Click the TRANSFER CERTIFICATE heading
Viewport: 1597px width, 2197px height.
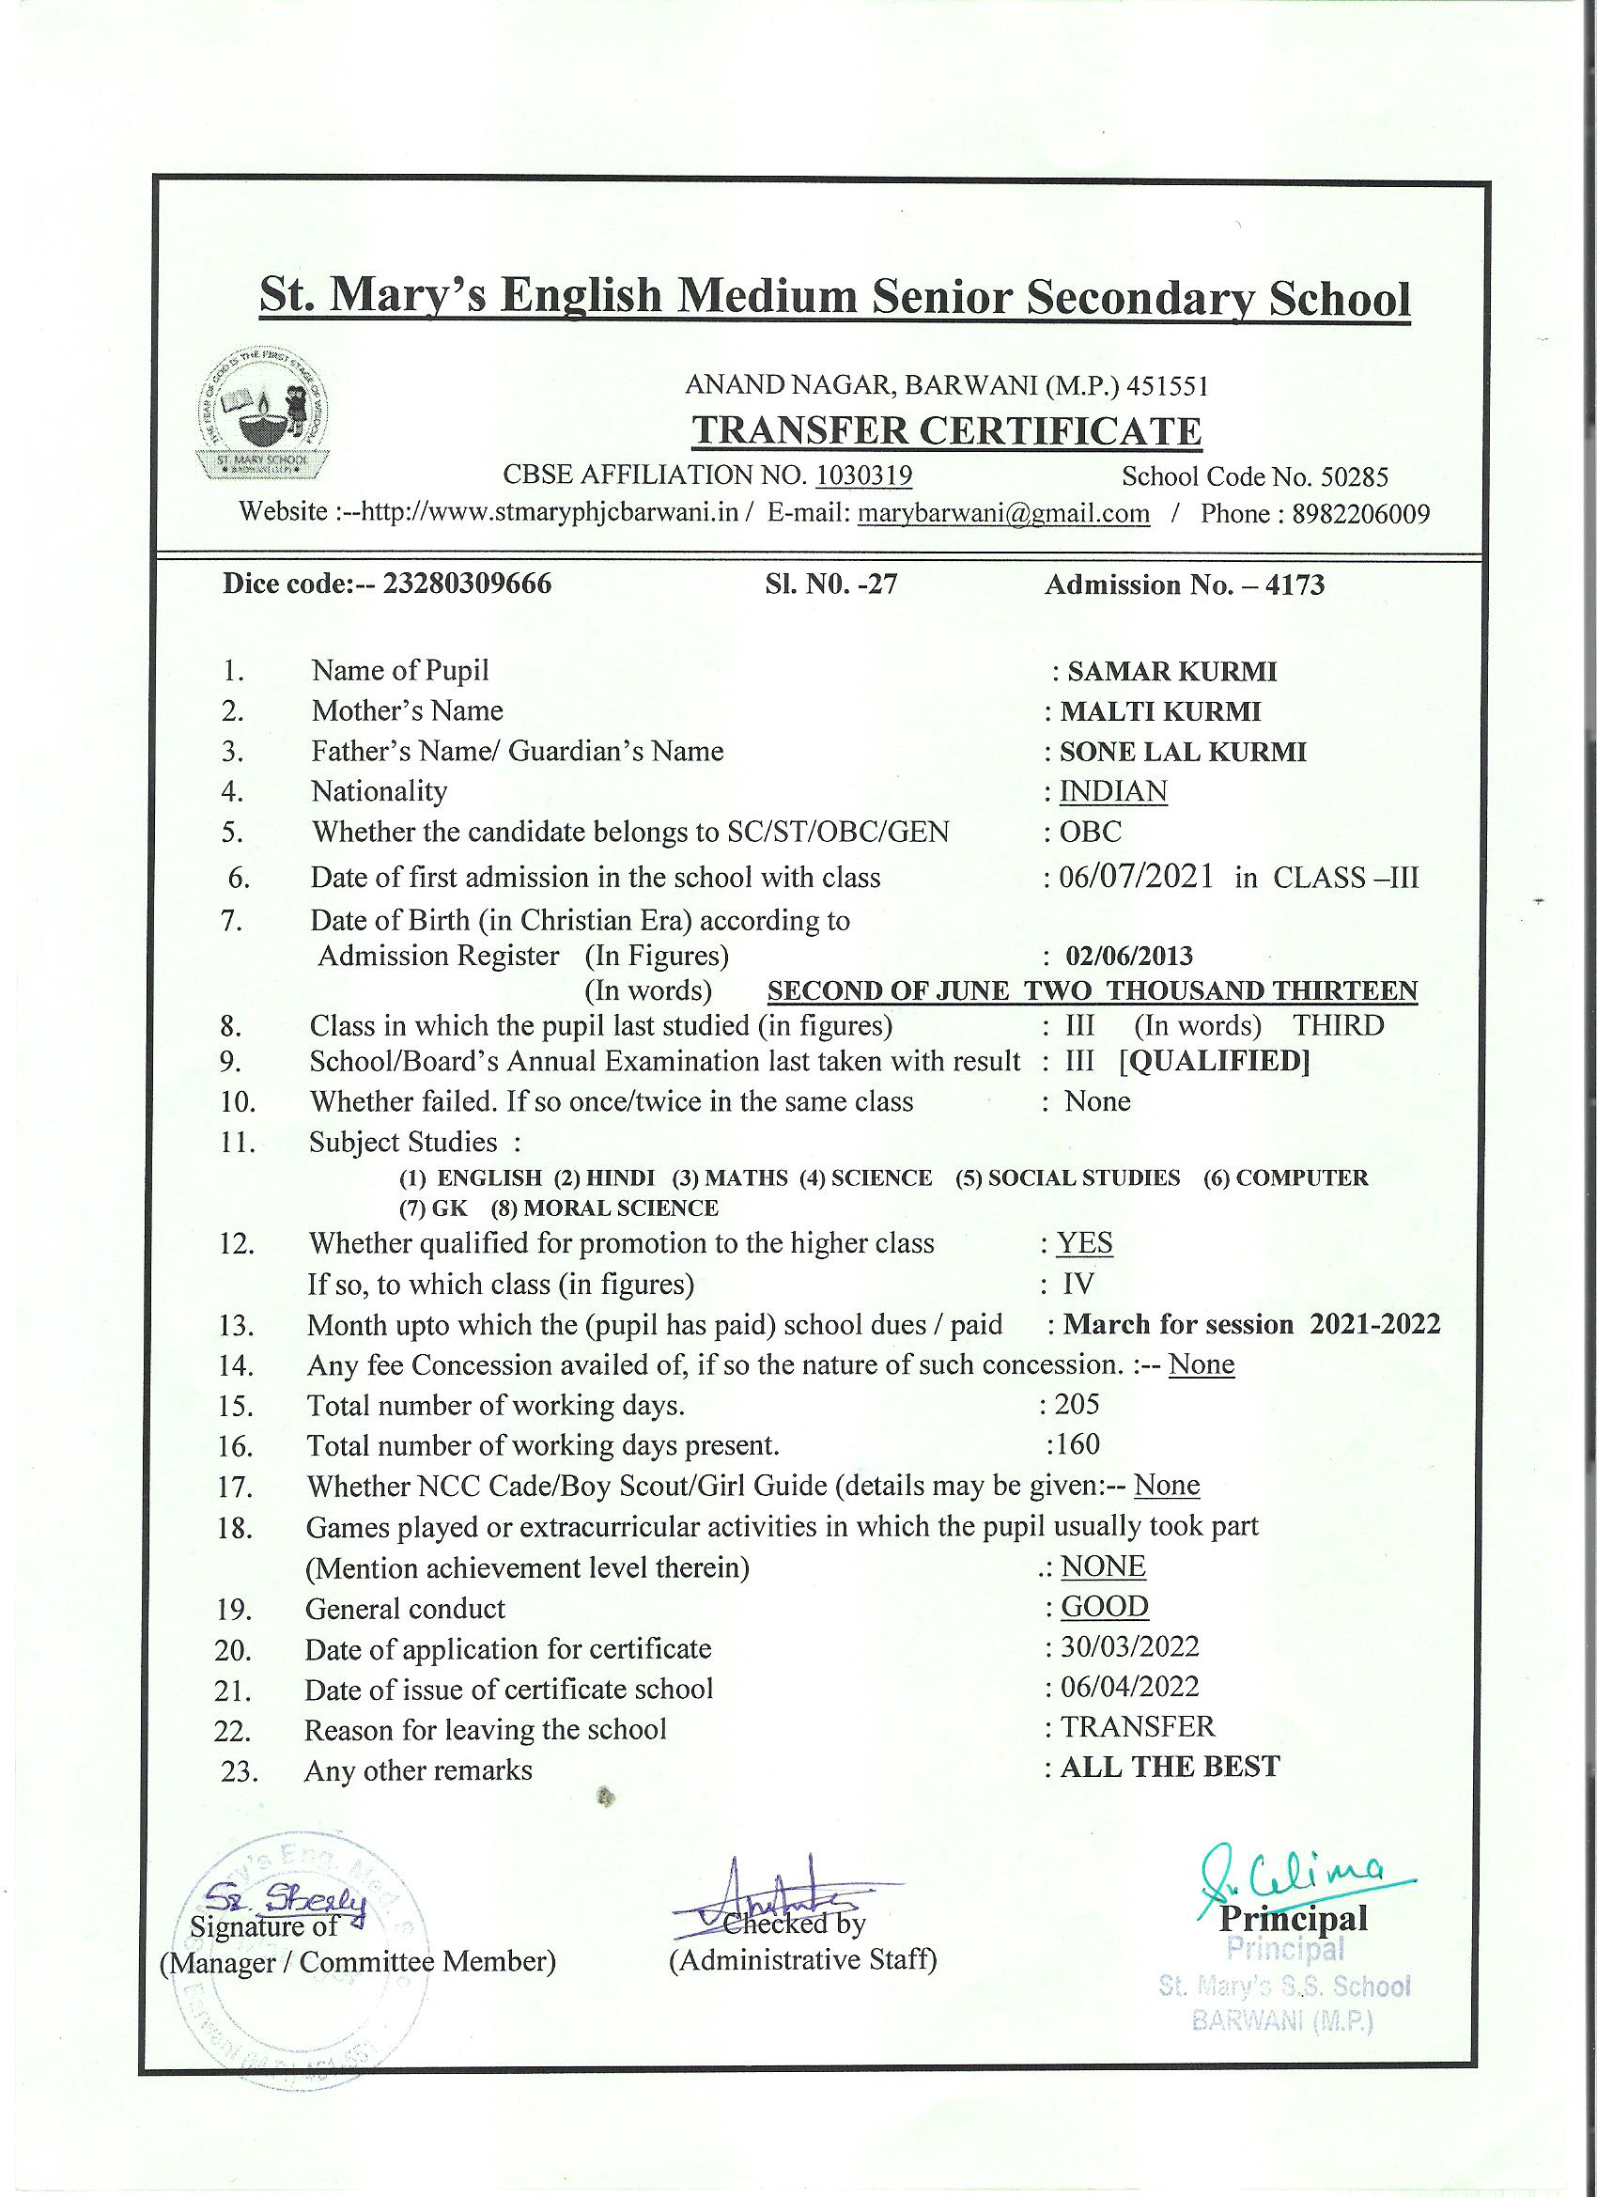[x=946, y=430]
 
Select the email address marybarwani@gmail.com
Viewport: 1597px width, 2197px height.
[x=1003, y=513]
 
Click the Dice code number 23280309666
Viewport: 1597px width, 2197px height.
[x=468, y=584]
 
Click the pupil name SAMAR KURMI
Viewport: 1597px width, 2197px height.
[x=1171, y=670]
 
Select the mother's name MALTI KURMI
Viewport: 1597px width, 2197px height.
[x=1160, y=711]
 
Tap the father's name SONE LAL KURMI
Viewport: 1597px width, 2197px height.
[x=1183, y=752]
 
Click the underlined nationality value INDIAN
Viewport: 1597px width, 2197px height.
[x=1113, y=791]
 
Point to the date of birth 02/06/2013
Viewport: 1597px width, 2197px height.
[x=1128, y=956]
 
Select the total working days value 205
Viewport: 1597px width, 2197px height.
[x=1077, y=1404]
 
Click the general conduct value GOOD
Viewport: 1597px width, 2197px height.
[x=1104, y=1606]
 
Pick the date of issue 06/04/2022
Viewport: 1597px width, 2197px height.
[x=1129, y=1687]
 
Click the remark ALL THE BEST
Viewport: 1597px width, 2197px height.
[x=1169, y=1767]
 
